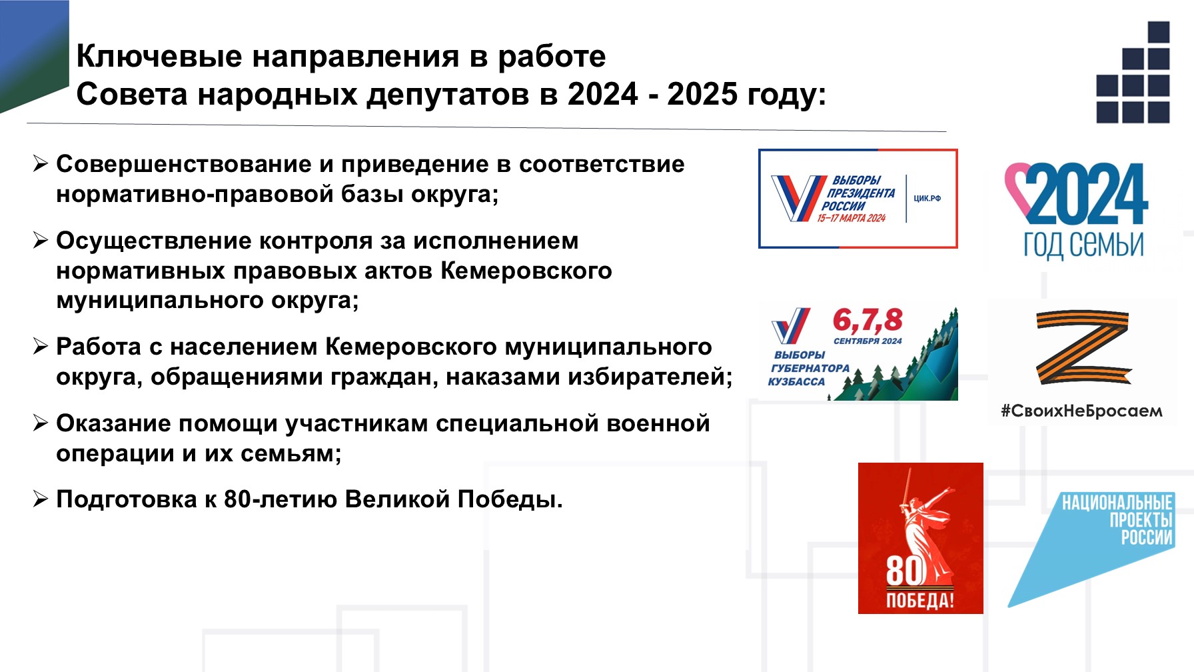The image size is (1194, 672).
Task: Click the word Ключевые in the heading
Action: click(159, 56)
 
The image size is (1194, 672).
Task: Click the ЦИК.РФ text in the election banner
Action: click(927, 199)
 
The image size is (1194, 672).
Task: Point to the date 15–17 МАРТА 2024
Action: click(852, 218)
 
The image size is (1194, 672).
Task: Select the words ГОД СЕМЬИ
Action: click(1083, 244)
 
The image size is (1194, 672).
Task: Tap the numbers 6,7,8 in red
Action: click(868, 321)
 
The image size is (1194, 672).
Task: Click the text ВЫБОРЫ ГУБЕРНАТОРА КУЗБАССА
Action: click(808, 368)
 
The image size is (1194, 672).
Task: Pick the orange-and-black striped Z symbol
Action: click(1083, 347)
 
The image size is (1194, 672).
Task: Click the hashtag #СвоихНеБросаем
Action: click(1081, 411)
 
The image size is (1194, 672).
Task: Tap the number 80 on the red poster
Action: click(905, 571)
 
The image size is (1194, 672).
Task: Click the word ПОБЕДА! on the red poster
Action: click(920, 601)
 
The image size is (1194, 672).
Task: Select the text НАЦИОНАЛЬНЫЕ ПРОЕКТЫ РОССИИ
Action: click(1117, 520)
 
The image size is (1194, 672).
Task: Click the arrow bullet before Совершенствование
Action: click(41, 163)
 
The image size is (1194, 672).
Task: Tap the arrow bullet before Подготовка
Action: click(41, 499)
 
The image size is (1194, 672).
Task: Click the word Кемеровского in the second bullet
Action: click(526, 271)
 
